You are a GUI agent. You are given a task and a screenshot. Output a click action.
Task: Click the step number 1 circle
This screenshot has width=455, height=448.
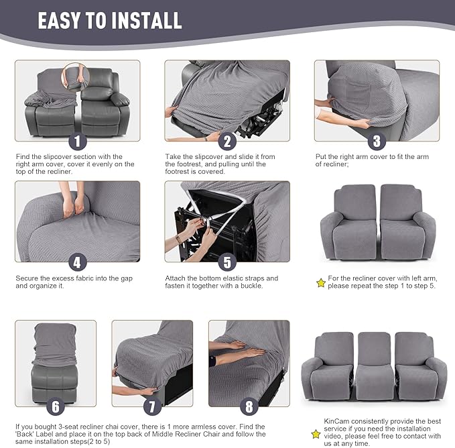(x=78, y=142)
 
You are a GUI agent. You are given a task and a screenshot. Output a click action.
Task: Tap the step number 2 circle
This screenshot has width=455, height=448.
(x=227, y=142)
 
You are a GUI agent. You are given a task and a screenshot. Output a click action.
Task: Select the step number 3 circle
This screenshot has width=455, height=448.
(x=377, y=142)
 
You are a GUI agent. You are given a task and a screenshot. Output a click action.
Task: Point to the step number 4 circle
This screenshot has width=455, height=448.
(x=78, y=262)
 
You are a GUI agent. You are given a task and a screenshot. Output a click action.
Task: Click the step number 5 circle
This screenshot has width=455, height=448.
(x=227, y=262)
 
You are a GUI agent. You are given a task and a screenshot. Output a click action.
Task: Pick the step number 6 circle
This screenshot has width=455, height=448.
(x=56, y=407)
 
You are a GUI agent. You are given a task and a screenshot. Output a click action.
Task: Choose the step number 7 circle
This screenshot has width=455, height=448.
(x=152, y=407)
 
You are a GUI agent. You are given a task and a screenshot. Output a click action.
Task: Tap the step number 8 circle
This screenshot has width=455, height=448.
(x=249, y=407)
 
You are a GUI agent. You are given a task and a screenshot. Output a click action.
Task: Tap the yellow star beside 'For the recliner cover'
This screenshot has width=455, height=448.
(x=320, y=283)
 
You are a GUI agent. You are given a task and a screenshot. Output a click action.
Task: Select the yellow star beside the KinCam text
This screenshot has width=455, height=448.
(x=316, y=434)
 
